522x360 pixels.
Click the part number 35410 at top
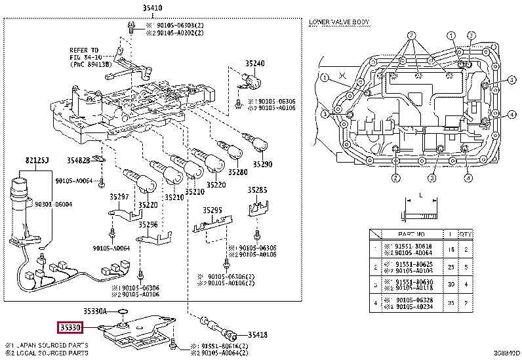click(x=153, y=8)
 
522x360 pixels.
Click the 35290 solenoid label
click(x=262, y=164)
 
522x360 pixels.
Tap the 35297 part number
click(x=119, y=196)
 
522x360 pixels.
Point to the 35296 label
click(x=148, y=224)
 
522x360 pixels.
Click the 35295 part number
click(x=212, y=210)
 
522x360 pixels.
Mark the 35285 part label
click(x=257, y=190)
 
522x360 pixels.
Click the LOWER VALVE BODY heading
click(x=339, y=22)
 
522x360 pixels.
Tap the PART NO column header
click(x=412, y=233)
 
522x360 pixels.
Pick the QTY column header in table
click(x=465, y=233)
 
